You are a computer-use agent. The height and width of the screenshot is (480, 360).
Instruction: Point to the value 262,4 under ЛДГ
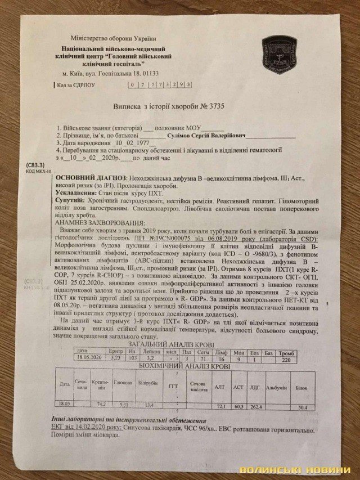click(x=256, y=405)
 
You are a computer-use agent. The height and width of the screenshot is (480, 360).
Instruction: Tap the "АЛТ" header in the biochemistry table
click(x=219, y=387)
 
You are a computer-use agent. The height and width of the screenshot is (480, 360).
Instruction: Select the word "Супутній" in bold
click(x=69, y=201)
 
